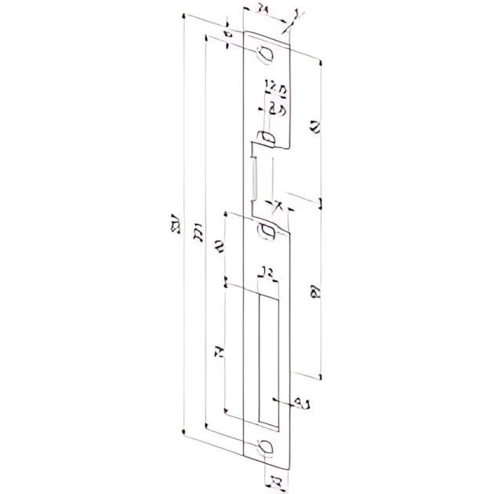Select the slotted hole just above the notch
coord(267,138)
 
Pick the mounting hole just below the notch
coord(267,231)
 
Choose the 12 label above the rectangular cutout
coord(265,274)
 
